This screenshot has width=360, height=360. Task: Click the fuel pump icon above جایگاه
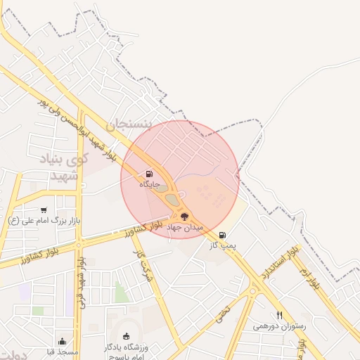pyautogui.click(x=149, y=174)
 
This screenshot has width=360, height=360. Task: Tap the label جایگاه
pyautogui.click(x=150, y=184)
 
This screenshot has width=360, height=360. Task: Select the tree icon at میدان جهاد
pyautogui.click(x=184, y=217)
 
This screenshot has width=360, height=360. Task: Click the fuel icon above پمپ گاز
pyautogui.click(x=223, y=235)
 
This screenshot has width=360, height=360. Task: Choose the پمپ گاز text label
pyautogui.click(x=223, y=245)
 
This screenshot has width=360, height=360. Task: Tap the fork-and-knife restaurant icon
pyautogui.click(x=280, y=316)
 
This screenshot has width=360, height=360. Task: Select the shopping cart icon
pyautogui.click(x=44, y=210)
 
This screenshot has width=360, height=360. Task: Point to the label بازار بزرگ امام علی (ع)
pyautogui.click(x=44, y=221)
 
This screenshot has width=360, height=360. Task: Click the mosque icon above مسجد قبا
pyautogui.click(x=62, y=342)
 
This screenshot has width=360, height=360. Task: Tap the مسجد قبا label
pyautogui.click(x=63, y=352)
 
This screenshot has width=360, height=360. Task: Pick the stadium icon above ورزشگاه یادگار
pyautogui.click(x=126, y=336)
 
